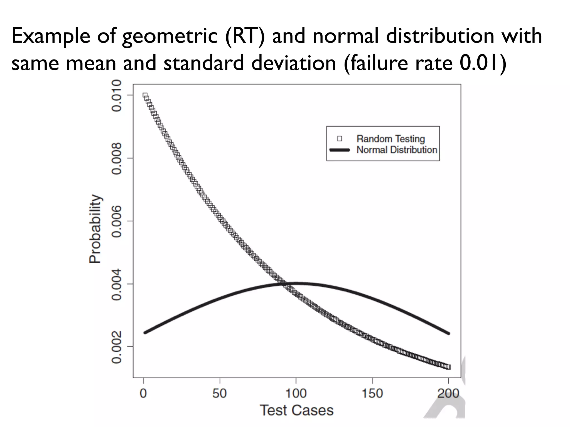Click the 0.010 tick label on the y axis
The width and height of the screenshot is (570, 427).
click(x=116, y=95)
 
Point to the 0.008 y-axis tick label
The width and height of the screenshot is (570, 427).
click(x=116, y=158)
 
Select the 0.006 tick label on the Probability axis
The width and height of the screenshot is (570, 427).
click(x=116, y=221)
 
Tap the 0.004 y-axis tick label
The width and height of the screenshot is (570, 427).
click(x=116, y=284)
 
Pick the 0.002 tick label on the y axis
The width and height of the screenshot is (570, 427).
click(x=116, y=347)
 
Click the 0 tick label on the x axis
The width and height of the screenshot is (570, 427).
click(x=143, y=394)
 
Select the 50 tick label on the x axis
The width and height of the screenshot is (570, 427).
click(x=220, y=394)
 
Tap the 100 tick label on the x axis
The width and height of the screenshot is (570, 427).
click(x=296, y=394)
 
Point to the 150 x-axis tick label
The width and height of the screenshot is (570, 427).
click(x=372, y=394)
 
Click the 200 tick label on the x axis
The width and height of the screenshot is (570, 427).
click(x=448, y=394)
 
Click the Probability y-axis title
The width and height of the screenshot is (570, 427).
click(x=95, y=229)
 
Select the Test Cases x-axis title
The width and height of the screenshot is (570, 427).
click(x=297, y=410)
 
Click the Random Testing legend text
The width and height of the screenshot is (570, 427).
click(x=390, y=139)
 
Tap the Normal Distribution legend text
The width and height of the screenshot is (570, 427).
click(x=397, y=150)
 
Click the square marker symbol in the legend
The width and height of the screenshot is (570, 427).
click(x=340, y=138)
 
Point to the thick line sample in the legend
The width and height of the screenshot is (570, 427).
click(x=340, y=150)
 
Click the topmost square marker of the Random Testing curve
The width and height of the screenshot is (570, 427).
click(x=145, y=95)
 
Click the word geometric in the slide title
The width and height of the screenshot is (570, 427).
click(x=170, y=36)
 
